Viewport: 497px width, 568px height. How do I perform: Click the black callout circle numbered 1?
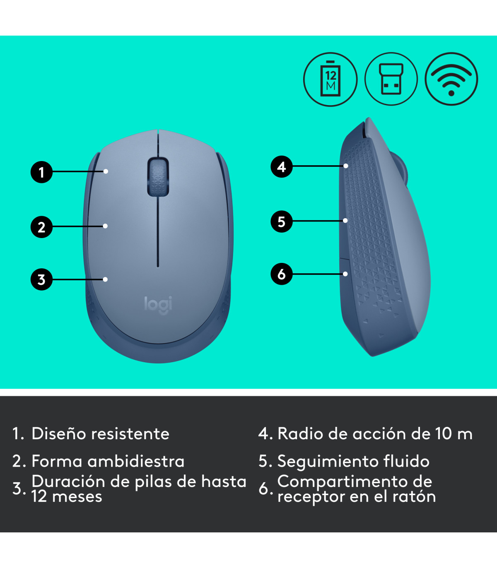pos(41,172)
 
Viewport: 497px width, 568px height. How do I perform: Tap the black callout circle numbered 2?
pos(41,227)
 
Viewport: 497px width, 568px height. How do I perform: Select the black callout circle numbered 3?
pos(41,279)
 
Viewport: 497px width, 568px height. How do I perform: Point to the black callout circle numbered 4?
pos(282,166)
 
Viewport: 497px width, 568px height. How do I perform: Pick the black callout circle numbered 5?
pos(282,221)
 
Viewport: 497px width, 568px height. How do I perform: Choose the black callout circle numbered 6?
pos(282,274)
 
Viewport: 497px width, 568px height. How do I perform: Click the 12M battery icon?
pos(331,79)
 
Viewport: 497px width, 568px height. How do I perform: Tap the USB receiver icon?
pos(391,79)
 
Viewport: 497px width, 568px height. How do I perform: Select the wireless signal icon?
pos(451,79)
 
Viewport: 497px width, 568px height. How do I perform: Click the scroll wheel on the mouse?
pos(158,176)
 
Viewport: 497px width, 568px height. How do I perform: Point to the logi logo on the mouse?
pos(158,304)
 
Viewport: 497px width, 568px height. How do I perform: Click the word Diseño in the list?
pos(58,434)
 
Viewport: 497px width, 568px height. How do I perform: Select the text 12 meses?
pos(67,497)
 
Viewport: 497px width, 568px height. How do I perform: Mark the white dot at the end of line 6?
pos(345,274)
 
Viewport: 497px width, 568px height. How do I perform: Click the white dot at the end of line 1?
pos(106,171)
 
